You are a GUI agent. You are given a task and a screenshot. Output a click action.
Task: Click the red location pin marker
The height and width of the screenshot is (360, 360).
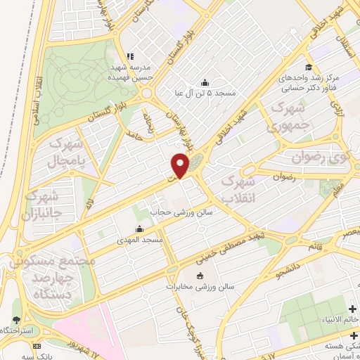[x=181, y=165]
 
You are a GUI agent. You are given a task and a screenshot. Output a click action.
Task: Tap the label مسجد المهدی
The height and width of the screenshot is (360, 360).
[x=140, y=240]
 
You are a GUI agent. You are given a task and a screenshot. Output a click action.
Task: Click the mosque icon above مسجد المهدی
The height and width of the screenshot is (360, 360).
[x=139, y=229]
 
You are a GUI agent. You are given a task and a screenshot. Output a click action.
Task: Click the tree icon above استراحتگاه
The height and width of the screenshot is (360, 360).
[x=16, y=320]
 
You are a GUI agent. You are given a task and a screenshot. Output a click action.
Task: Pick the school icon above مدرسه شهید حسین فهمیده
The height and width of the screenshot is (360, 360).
[x=130, y=56]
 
